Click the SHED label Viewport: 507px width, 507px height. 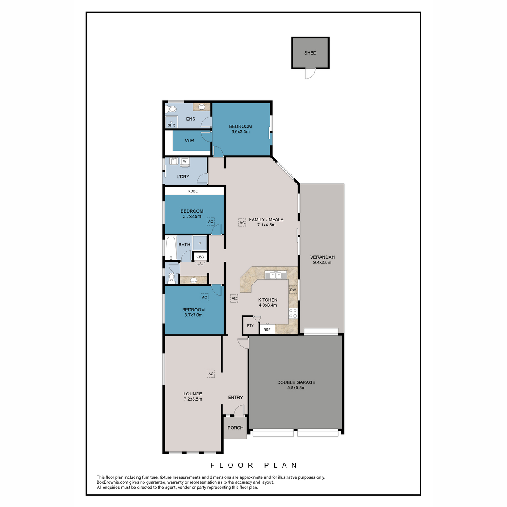(310, 53)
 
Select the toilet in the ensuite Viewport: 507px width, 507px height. (171, 109)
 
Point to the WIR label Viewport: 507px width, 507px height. (189, 141)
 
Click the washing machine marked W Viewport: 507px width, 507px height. (185, 163)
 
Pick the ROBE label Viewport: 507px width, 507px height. (193, 191)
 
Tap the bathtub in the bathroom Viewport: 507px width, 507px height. (171, 248)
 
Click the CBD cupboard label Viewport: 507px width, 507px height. (201, 257)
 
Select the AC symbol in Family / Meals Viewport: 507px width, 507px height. (242, 223)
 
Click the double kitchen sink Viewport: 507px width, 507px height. (276, 275)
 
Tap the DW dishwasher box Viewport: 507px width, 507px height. (293, 290)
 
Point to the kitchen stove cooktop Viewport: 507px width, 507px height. (293, 313)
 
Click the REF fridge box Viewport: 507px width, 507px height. (267, 329)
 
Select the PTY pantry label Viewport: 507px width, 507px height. (250, 326)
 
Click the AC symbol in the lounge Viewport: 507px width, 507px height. (211, 373)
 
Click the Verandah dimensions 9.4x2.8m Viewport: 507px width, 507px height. (322, 262)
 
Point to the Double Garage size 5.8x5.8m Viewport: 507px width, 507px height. (296, 387)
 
